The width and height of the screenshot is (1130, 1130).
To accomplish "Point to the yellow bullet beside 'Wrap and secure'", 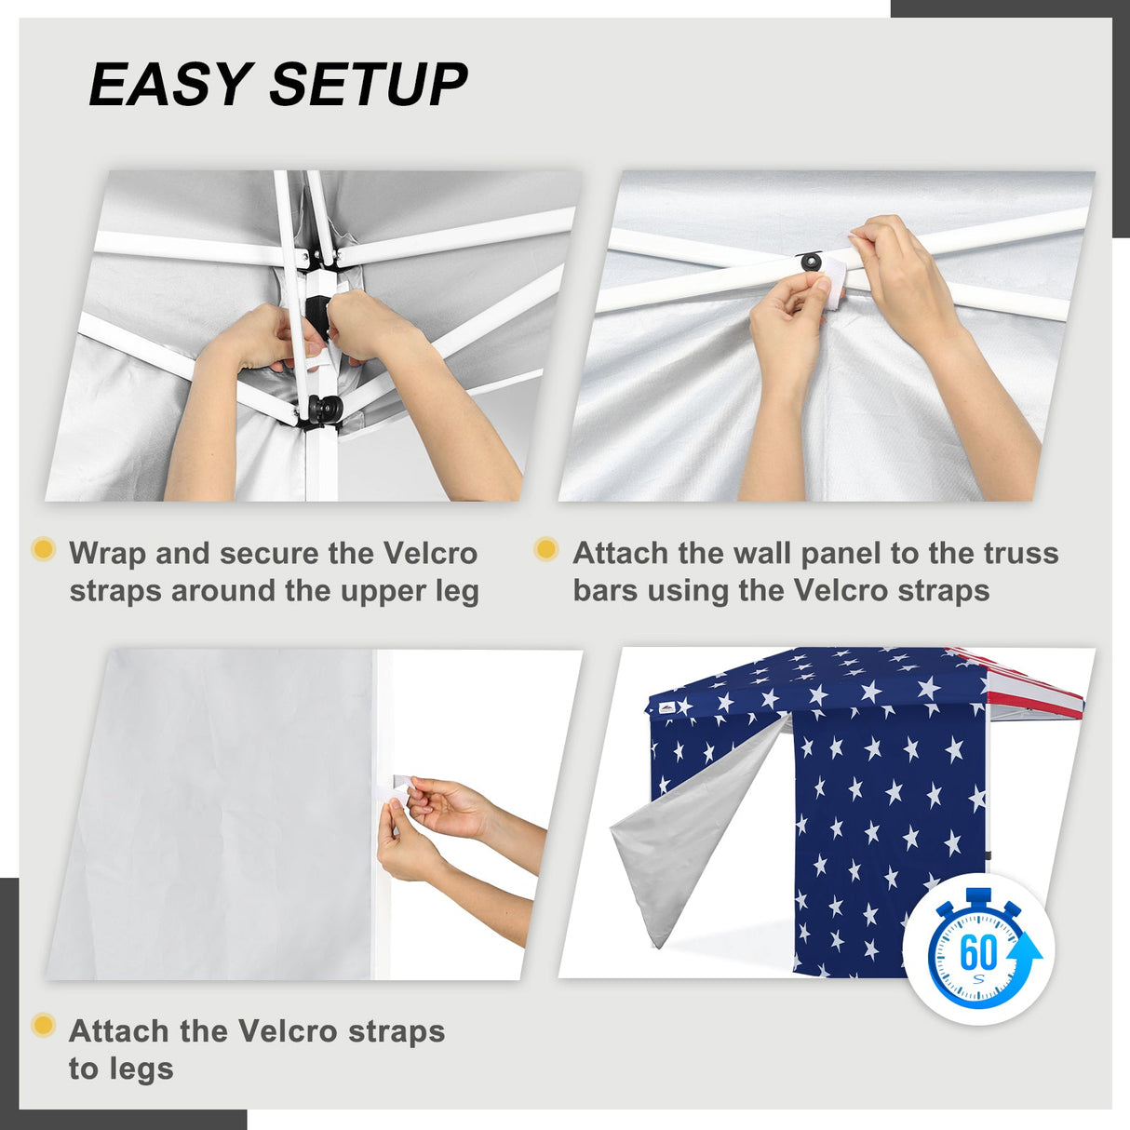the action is pyautogui.click(x=43, y=549).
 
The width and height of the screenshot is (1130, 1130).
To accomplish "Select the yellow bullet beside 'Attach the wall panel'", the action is pyautogui.click(x=546, y=549).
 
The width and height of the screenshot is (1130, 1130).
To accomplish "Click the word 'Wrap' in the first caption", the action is pyautogui.click(x=107, y=554).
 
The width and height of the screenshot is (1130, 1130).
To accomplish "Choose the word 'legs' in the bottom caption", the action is pyautogui.click(x=121, y=1069).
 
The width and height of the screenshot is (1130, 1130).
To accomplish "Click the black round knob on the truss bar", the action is pyautogui.click(x=812, y=262).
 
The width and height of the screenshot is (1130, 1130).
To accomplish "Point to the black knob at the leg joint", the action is pyautogui.click(x=325, y=409).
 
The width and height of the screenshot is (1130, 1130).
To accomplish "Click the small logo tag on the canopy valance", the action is pyautogui.click(x=666, y=708).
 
